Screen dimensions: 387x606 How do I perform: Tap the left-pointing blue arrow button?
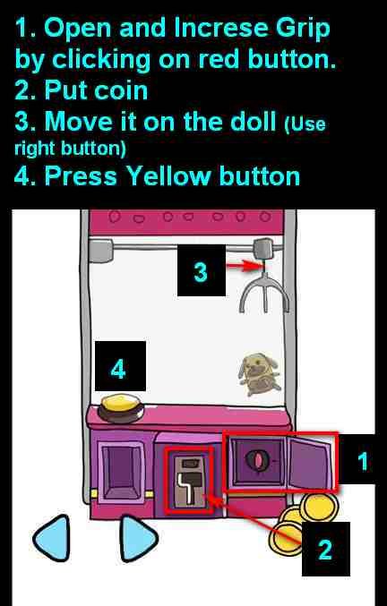(53, 538)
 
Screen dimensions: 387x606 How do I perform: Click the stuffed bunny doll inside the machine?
(258, 374)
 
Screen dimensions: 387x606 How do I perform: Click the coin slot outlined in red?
(189, 481)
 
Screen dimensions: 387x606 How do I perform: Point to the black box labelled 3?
(201, 270)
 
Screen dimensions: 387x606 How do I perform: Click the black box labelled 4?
(120, 366)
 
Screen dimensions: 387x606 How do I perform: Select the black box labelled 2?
(325, 549)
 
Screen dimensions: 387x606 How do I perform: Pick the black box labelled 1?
(362, 459)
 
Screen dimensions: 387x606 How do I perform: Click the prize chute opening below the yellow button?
(122, 473)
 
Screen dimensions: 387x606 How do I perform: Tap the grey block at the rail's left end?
(101, 250)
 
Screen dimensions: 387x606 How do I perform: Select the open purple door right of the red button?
(310, 462)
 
